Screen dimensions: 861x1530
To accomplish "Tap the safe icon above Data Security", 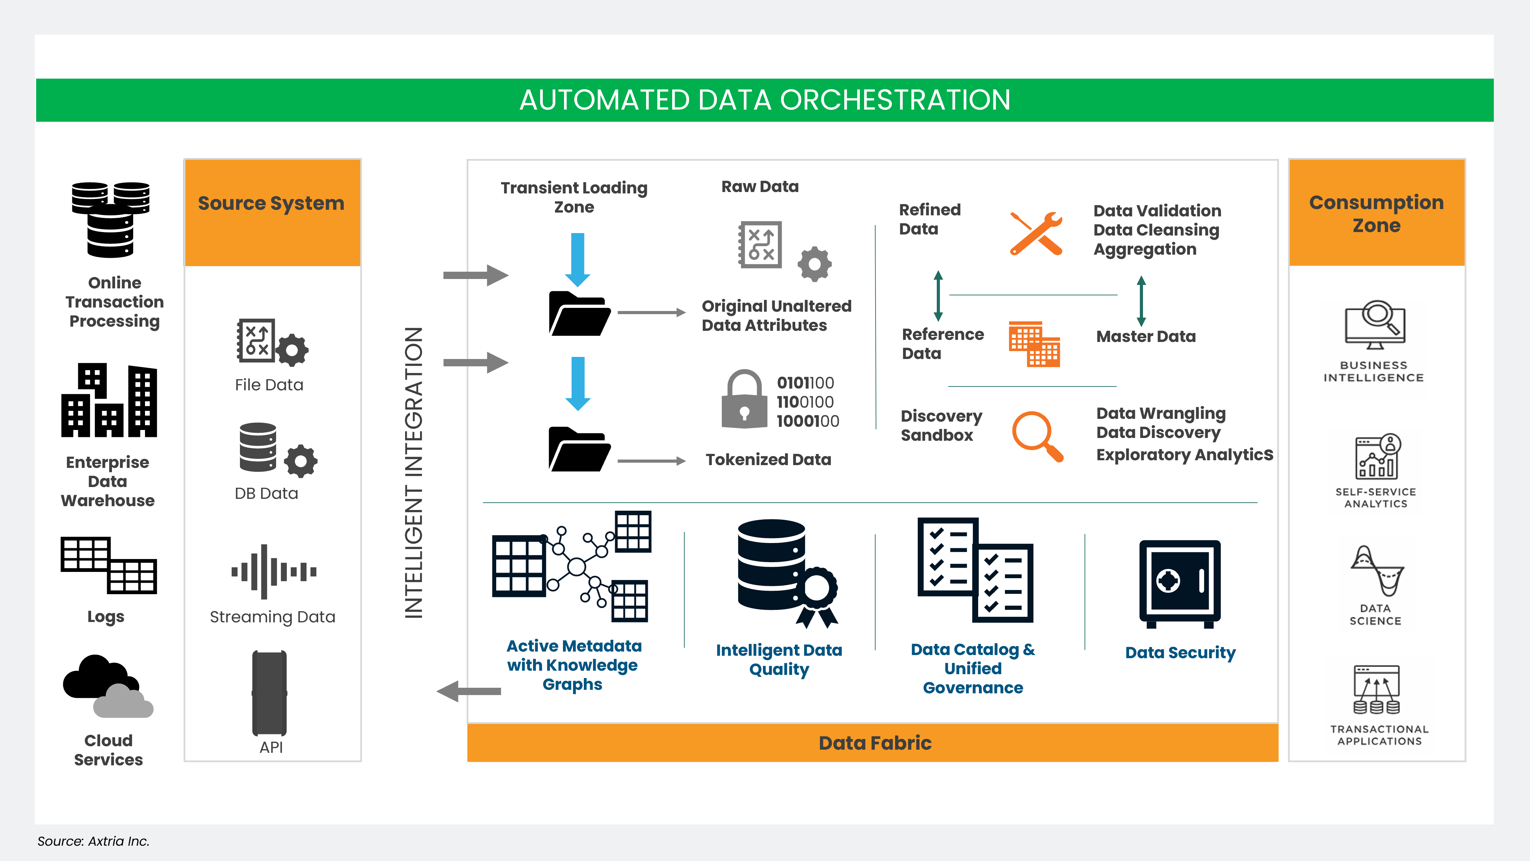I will coord(1179,583).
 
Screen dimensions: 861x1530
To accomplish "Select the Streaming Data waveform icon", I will coord(273,572).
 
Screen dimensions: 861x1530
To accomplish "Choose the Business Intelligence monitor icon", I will coord(1375,325).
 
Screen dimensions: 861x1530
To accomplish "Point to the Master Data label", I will coord(1146,337).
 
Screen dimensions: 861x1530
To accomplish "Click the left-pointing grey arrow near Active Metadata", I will coord(469,691).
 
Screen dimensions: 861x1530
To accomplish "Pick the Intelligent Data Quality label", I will coord(779,660).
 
